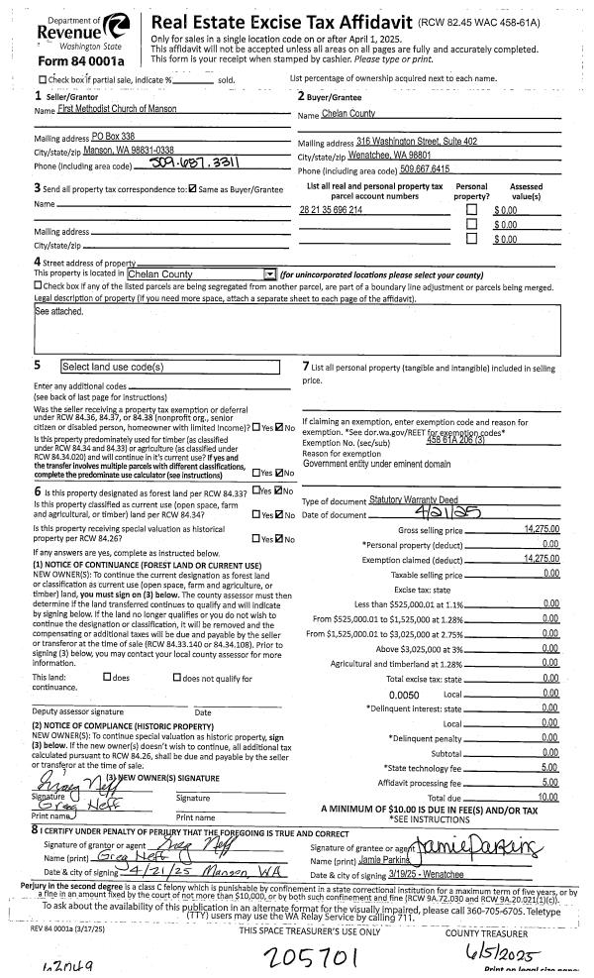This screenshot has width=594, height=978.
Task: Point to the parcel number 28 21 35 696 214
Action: click(x=331, y=210)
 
